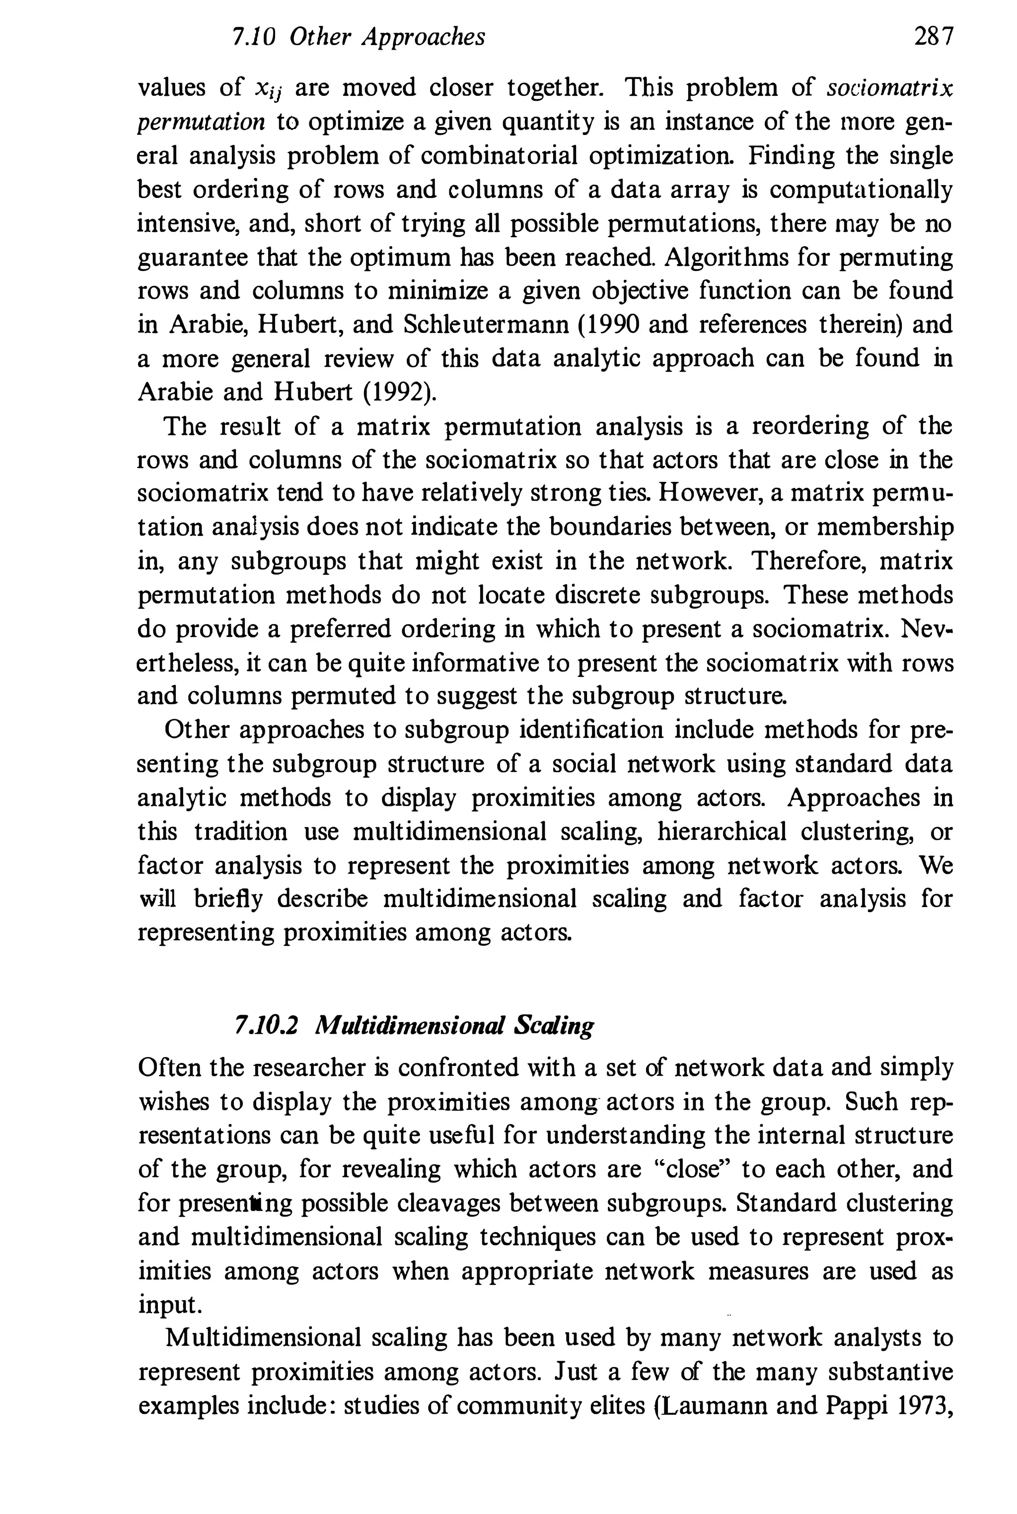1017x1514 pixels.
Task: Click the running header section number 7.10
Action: (x=254, y=37)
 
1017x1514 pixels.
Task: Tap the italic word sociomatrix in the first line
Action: (x=890, y=87)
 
